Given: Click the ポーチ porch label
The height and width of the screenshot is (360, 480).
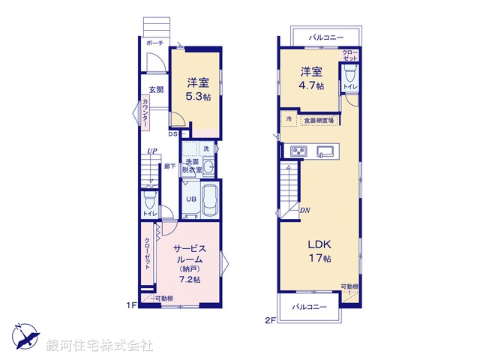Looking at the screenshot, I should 156,43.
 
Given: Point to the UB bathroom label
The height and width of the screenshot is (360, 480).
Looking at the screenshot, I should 191,199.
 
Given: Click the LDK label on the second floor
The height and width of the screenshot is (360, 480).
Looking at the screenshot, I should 316,244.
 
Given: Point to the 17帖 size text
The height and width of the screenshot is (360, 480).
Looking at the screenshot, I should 317,259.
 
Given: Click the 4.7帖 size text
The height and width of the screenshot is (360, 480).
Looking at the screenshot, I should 312,85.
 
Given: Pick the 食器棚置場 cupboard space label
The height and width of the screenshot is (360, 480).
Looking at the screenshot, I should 319,120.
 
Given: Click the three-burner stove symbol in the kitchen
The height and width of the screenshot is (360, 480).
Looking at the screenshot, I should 298,150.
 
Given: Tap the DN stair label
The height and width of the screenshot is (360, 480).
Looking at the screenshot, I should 304,211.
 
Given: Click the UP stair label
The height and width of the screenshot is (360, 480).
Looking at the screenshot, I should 151,151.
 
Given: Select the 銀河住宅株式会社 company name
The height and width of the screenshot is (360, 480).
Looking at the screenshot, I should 100,346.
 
